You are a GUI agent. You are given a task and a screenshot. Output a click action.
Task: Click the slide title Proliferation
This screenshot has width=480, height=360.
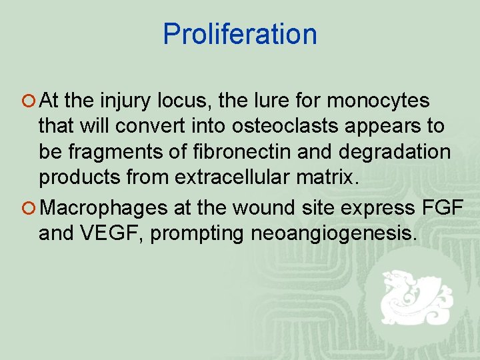coord(240,35)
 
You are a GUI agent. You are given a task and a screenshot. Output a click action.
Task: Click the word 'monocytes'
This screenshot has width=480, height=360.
coord(379,102)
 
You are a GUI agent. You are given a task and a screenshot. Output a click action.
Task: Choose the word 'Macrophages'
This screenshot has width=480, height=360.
coord(104,209)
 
